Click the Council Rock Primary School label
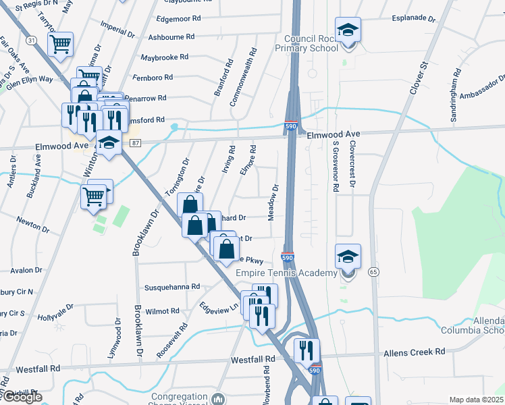[311, 43]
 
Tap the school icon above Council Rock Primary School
[348, 30]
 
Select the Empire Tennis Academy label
[286, 273]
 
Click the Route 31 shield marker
[32, 40]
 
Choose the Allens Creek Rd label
[414, 352]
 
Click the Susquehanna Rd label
[172, 287]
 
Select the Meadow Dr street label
[274, 202]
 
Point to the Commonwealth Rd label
[243, 77]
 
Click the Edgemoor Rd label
[179, 19]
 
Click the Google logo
[22, 397]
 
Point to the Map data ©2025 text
[476, 400]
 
